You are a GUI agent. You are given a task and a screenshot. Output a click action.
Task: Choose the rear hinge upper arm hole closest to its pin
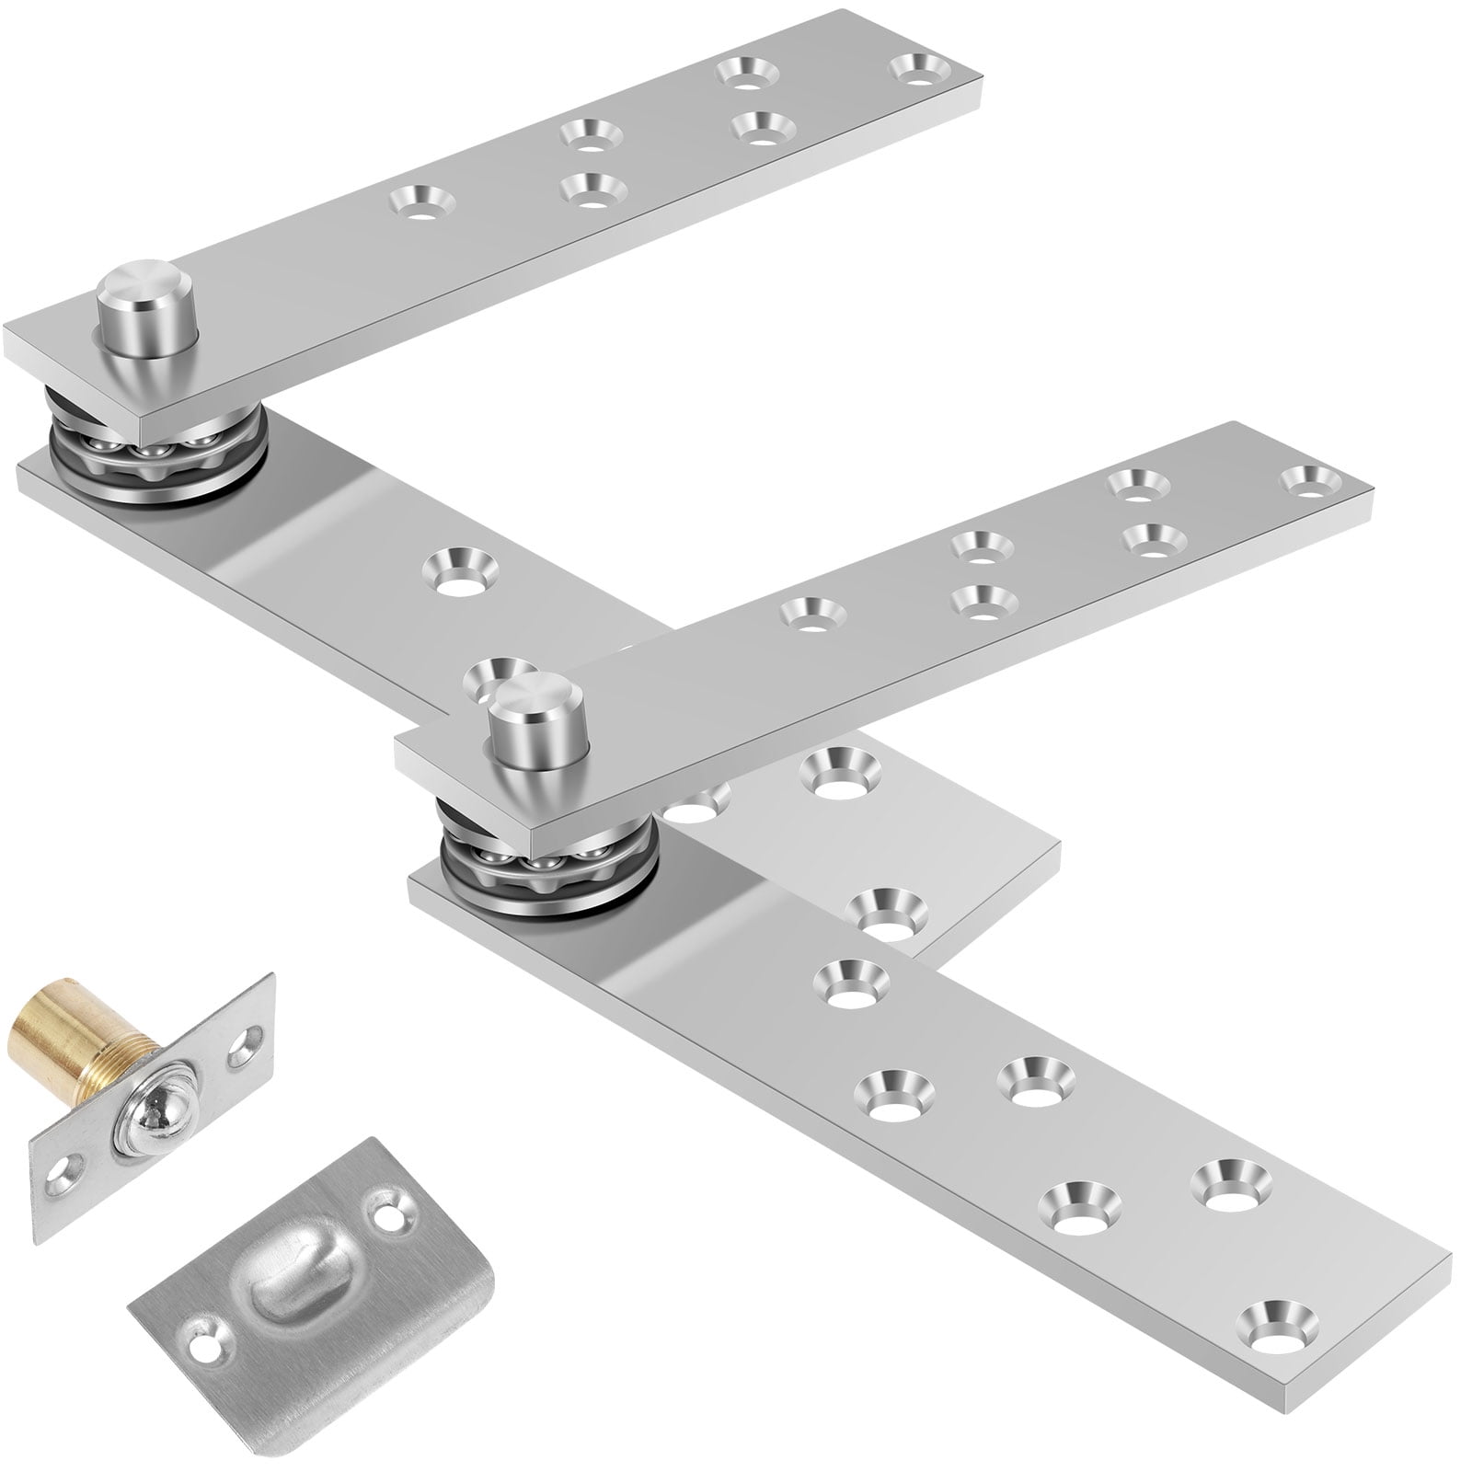420,200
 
